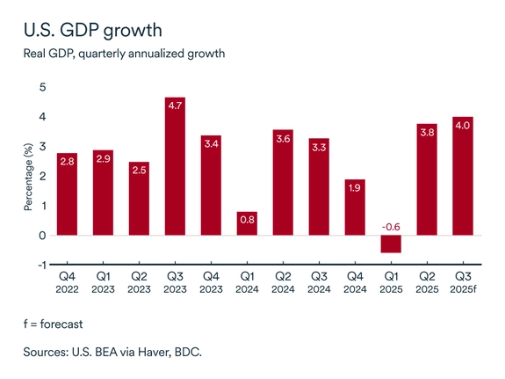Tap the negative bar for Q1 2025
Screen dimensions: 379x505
pos(392,244)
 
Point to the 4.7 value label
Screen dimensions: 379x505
pos(176,106)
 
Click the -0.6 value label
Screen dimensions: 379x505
pos(392,227)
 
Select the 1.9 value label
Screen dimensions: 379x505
pos(356,187)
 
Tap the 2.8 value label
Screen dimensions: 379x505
pos(68,161)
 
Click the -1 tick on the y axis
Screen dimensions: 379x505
pos(41,265)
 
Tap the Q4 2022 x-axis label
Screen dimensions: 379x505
pos(68,283)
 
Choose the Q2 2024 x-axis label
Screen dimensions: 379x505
pos(284,283)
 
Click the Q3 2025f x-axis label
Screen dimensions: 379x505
pos(462,283)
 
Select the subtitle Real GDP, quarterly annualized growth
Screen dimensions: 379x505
pos(124,54)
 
